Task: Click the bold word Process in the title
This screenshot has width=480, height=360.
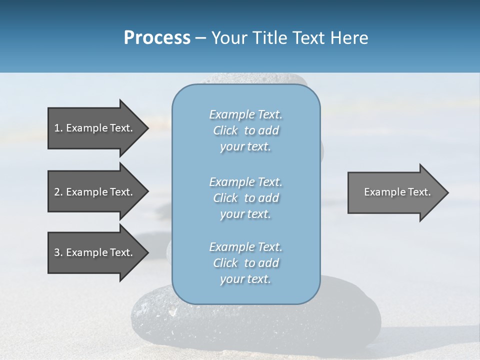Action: pyautogui.click(x=157, y=38)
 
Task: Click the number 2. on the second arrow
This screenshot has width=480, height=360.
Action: pyautogui.click(x=58, y=192)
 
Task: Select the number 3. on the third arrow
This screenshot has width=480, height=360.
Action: pyautogui.click(x=58, y=252)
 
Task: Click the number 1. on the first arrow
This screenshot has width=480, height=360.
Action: pyautogui.click(x=58, y=128)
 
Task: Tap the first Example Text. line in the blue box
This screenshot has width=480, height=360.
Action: pyautogui.click(x=245, y=114)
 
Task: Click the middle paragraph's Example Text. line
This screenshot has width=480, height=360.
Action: pyautogui.click(x=245, y=182)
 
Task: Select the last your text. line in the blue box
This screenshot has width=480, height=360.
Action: pyautogui.click(x=245, y=279)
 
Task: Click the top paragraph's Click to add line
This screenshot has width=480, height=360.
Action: pyautogui.click(x=245, y=130)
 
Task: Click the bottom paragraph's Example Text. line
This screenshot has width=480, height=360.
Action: pyautogui.click(x=245, y=247)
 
